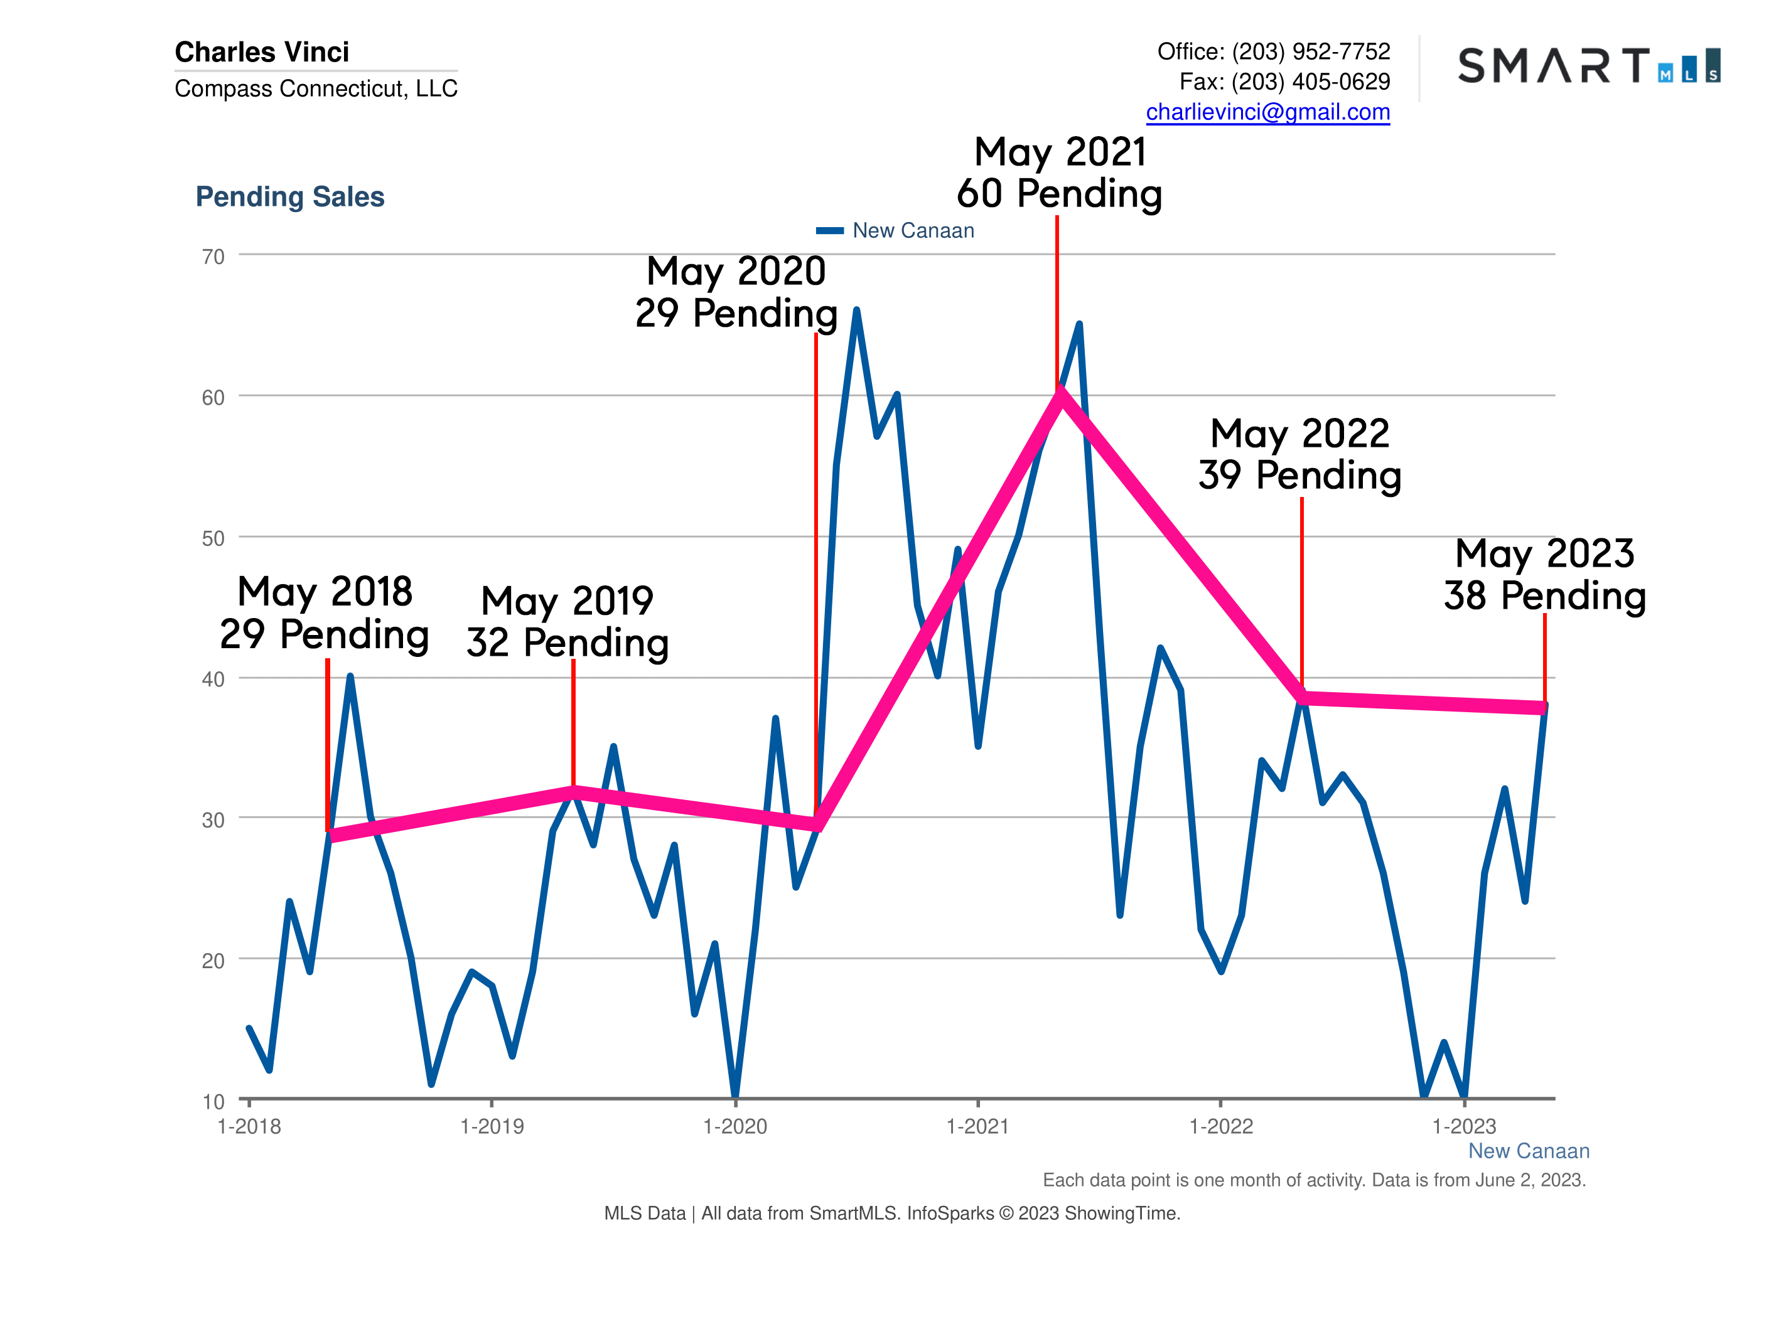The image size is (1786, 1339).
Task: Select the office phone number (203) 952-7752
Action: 1310,51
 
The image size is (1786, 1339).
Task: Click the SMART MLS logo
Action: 1588,65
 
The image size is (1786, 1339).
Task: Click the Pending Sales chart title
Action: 290,197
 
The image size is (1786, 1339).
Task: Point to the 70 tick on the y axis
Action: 213,257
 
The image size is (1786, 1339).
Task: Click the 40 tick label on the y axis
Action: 213,680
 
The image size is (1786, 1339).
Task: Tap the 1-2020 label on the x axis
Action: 734,1127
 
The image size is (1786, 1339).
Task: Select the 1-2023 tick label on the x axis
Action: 1464,1127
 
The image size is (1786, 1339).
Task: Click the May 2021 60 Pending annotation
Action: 1059,173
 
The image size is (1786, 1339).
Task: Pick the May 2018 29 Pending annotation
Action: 325,612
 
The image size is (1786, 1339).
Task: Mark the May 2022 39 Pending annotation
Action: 1300,454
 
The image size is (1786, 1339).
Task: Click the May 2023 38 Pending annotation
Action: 1544,575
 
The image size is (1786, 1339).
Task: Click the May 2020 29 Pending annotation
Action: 736,292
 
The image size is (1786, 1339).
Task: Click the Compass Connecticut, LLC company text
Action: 316,88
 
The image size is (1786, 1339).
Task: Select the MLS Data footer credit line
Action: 892,1213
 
